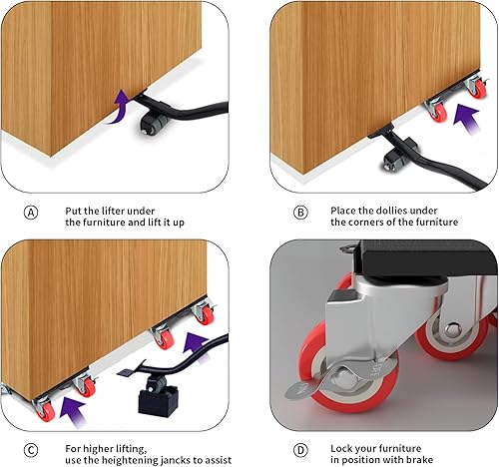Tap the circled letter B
[x=299, y=213]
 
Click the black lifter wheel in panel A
[x=153, y=125]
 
